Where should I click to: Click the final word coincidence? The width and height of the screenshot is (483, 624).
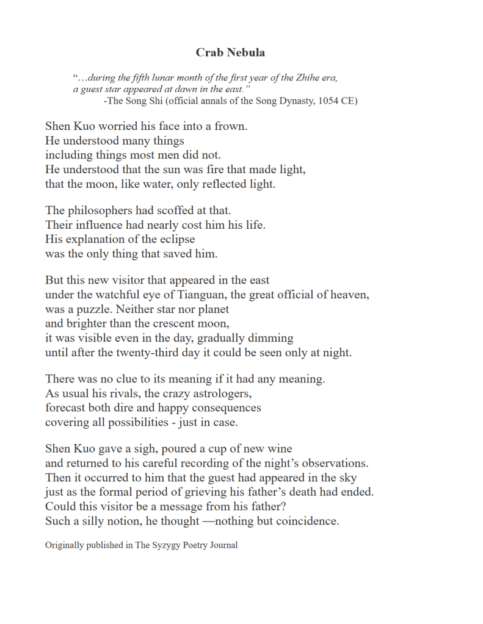[x=307, y=521]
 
